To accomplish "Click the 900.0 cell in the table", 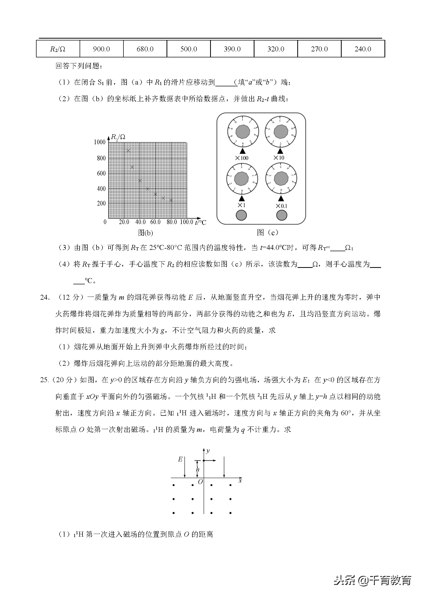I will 101,49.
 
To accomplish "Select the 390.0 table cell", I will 232,49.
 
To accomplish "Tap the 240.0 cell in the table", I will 363,49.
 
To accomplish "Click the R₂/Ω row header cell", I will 58,49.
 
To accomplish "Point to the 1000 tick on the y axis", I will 99,142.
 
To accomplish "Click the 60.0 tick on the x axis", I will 155,222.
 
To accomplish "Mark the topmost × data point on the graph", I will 128,150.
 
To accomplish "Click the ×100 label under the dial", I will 241,158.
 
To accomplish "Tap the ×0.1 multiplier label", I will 281,206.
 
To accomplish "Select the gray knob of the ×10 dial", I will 280,131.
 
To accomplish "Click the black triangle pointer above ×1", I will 242,198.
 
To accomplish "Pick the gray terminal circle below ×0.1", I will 282,215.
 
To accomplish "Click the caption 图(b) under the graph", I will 145,233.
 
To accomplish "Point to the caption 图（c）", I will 267,232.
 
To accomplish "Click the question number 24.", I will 45,297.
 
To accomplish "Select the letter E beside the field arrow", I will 180,459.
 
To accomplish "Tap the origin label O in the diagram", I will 200,482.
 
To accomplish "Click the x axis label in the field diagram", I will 240,480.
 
